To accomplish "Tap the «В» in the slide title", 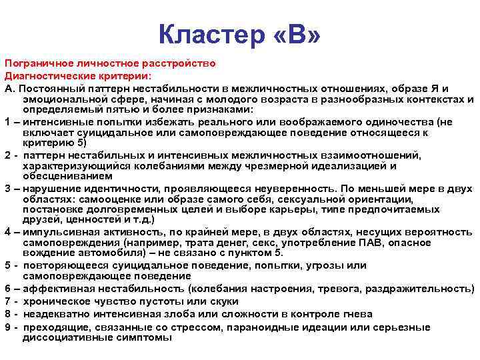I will [x=297, y=33].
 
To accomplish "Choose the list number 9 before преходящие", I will [x=7, y=327].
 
